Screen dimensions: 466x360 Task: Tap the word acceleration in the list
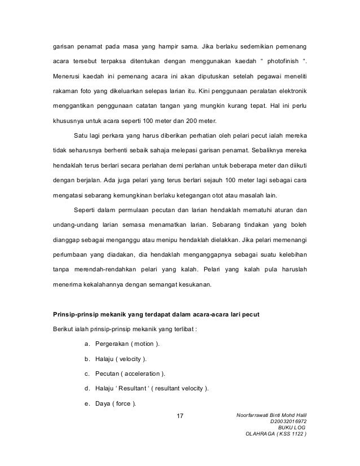141,373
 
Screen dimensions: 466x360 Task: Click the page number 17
181,417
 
